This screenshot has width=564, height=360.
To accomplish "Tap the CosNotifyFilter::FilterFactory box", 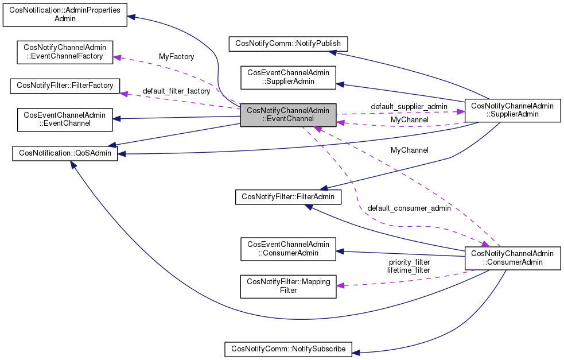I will coord(65,86).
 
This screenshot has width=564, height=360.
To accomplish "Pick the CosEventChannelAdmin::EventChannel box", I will coord(65,119).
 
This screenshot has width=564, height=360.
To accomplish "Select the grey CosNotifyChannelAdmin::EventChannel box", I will coord(288,114).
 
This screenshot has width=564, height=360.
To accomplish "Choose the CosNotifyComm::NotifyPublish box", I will coord(288,43).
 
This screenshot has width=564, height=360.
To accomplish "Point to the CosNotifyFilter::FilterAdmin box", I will coord(288,196).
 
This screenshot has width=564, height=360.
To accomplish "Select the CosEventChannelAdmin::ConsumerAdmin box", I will coord(288,248).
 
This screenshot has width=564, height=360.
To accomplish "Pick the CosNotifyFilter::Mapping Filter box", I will coord(288,286).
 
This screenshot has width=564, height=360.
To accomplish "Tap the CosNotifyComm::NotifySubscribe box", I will coord(288,349).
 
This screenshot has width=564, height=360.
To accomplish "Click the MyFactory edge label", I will coord(176,57).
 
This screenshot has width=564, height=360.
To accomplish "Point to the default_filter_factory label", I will coord(176,91).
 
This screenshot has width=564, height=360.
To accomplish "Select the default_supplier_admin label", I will coord(409,106).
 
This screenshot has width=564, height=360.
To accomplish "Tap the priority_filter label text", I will coord(409,262).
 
